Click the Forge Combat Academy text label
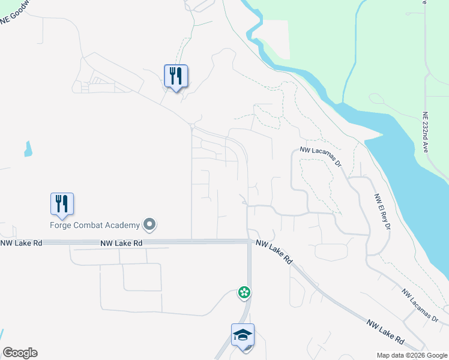[95, 225]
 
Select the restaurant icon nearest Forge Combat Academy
[62, 204]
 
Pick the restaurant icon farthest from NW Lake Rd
[176, 76]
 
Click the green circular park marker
[244, 293]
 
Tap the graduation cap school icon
[243, 335]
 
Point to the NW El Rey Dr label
[382, 211]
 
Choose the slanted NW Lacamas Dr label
[420, 305]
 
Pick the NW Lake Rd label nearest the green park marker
[274, 253]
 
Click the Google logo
[20, 353]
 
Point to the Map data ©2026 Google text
[411, 355]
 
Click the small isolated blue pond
[28, 149]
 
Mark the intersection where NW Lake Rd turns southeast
[249, 241]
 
